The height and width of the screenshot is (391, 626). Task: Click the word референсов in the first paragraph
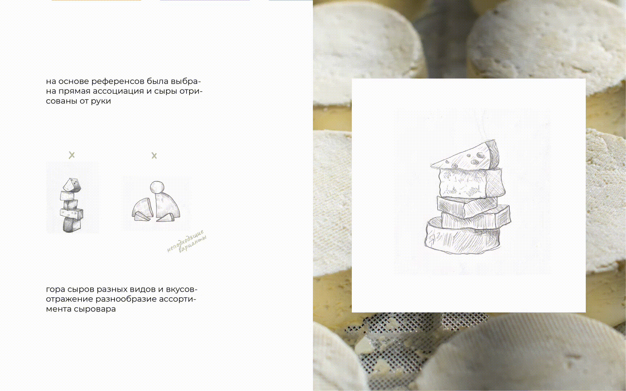click(118, 81)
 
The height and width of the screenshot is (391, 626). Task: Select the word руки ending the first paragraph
click(101, 101)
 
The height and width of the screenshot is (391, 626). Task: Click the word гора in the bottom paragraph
click(55, 290)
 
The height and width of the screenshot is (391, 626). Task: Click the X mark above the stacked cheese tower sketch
click(72, 155)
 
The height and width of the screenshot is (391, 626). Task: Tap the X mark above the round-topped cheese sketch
click(154, 156)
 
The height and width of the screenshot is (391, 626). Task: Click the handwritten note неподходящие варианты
click(187, 241)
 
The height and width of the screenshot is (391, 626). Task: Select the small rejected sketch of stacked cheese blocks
click(72, 205)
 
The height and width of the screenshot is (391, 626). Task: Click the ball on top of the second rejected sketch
click(157, 187)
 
